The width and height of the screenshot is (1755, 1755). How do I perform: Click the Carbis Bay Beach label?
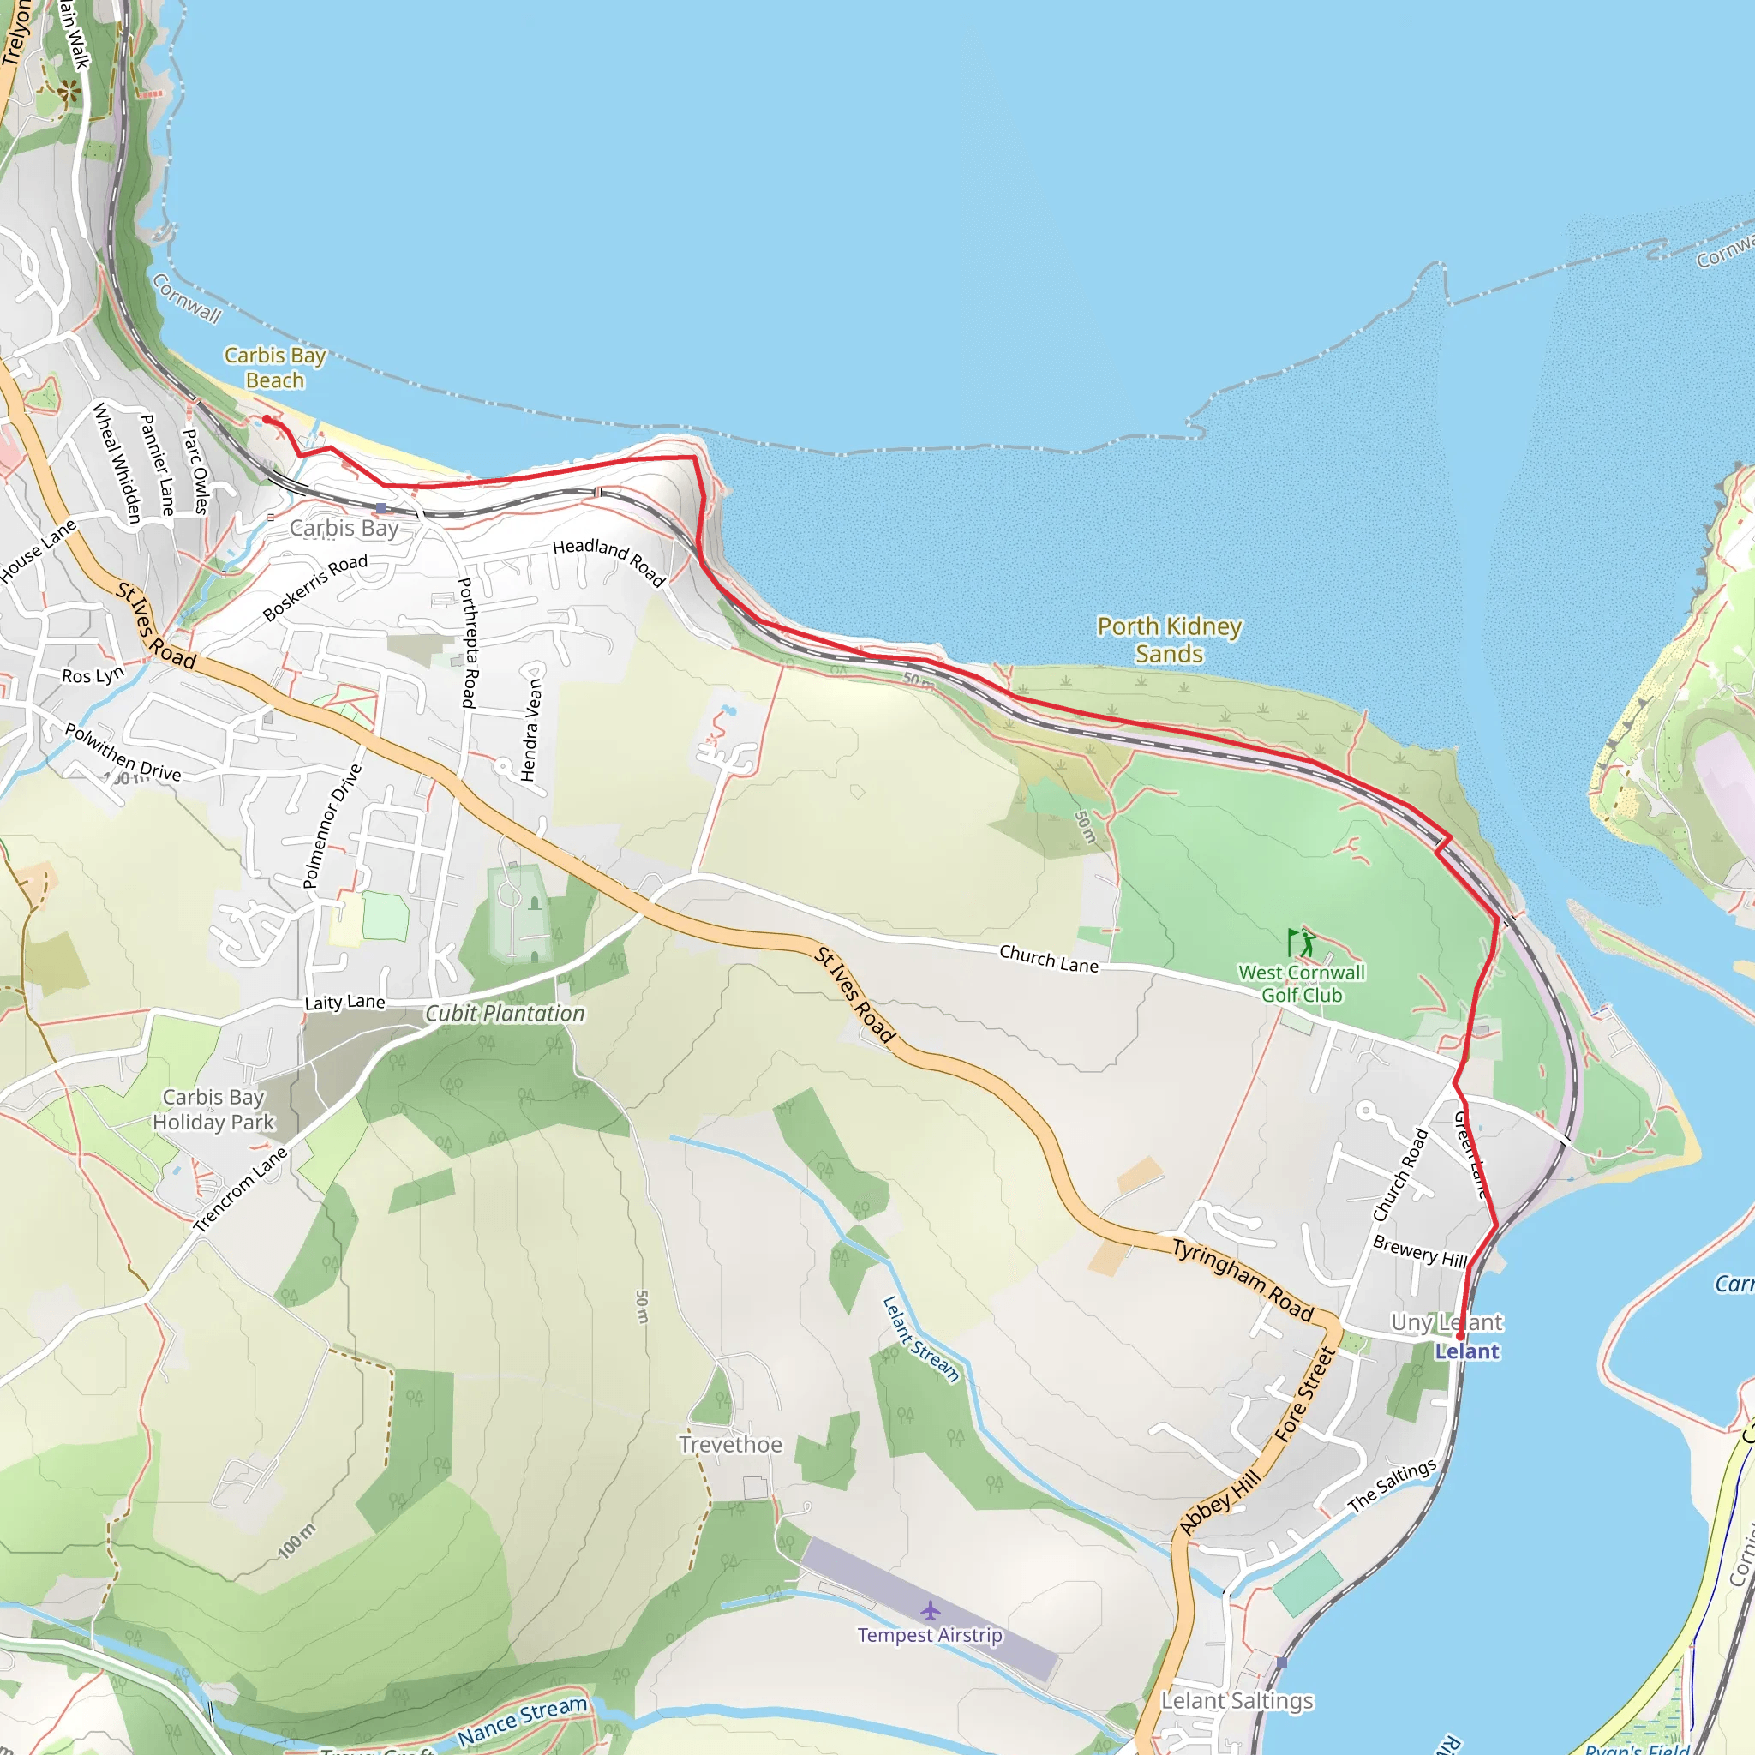[x=274, y=368]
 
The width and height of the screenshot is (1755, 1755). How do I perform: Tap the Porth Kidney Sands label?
[x=1169, y=639]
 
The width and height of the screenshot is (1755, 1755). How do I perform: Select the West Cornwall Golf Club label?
[x=1302, y=984]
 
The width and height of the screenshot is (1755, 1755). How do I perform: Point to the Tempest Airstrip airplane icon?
[x=929, y=1610]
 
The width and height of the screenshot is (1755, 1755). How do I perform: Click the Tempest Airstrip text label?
[x=930, y=1635]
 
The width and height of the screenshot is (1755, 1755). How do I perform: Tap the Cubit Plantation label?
[x=505, y=1013]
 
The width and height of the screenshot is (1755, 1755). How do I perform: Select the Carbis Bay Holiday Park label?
[x=213, y=1109]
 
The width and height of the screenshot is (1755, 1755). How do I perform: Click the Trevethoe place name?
[x=730, y=1444]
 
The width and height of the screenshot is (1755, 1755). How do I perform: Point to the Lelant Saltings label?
[x=1237, y=1700]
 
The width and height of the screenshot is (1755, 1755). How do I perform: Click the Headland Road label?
[x=609, y=561]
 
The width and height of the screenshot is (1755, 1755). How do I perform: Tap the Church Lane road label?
[x=1048, y=957]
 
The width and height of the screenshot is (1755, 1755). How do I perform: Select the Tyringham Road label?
[x=1243, y=1280]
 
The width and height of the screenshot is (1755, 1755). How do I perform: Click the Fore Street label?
[x=1303, y=1393]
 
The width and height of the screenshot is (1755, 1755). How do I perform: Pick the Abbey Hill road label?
[x=1220, y=1502]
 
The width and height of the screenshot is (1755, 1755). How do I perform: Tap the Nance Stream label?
[x=523, y=1719]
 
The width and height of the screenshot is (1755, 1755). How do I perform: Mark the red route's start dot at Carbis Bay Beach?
[x=267, y=419]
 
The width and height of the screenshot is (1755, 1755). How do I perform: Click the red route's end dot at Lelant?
[x=1459, y=1336]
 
